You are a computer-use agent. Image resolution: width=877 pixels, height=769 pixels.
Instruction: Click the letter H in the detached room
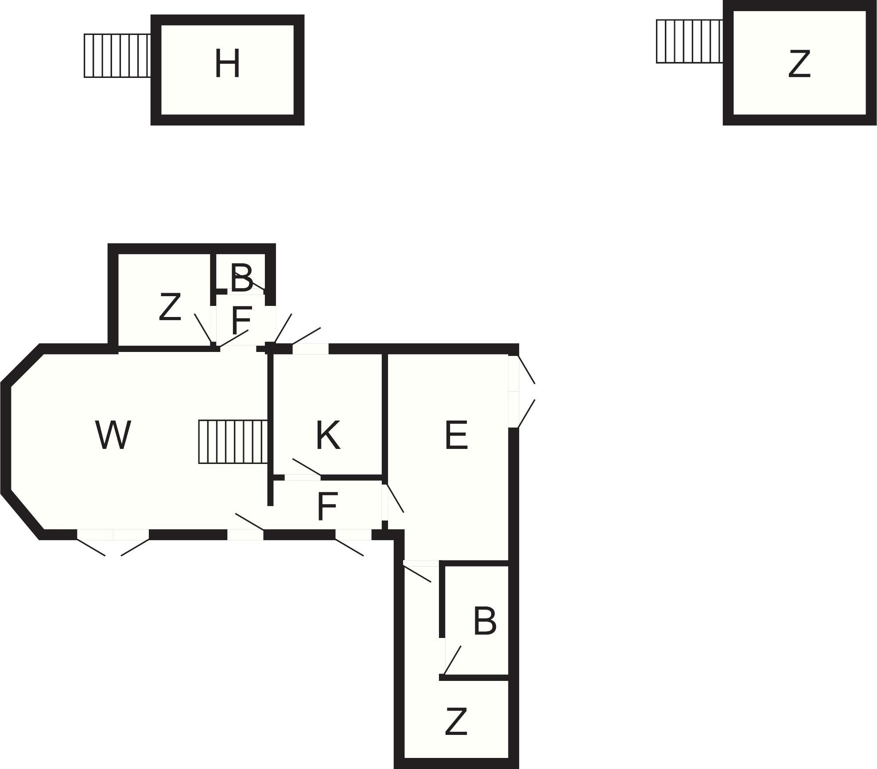point(227,64)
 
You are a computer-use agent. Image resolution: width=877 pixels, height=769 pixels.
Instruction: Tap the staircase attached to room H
point(117,56)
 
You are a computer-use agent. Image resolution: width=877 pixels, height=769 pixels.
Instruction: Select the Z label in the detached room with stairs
point(799,64)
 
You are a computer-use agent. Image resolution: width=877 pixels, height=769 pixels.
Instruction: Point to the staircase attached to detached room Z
point(689,41)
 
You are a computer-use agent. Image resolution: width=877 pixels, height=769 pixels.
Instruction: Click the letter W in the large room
point(113,435)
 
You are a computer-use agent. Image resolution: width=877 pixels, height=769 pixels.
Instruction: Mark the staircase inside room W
point(233,441)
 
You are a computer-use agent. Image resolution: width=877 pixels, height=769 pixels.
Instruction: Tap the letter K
point(328,435)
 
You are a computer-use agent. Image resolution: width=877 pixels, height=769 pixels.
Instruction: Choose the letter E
point(456,435)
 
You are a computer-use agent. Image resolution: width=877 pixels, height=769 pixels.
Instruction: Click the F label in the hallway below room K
point(328,506)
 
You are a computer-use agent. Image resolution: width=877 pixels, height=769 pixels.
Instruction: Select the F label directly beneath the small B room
point(241,320)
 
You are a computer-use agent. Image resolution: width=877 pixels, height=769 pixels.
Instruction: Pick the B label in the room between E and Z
point(485,621)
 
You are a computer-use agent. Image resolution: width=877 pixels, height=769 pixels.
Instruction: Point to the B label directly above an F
point(242,278)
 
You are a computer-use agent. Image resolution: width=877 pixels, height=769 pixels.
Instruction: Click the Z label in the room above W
point(170,307)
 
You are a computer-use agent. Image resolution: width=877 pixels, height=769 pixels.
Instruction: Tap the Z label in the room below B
point(456,722)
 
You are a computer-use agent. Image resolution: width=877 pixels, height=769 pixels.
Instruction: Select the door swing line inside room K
point(307,467)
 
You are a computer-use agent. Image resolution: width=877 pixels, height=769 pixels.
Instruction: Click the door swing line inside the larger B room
point(453,660)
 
